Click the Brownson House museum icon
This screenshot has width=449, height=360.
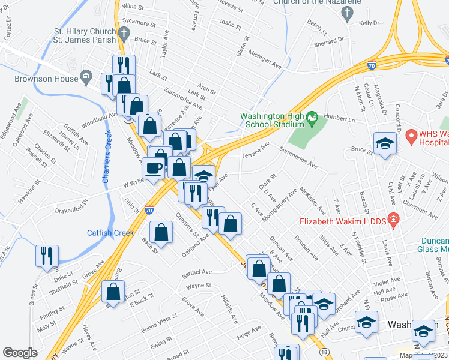(86, 76)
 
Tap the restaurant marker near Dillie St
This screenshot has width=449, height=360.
(47, 256)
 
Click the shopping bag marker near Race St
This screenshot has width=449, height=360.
(161, 232)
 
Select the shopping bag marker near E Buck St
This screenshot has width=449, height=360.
(113, 292)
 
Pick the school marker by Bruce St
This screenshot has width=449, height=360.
(385, 143)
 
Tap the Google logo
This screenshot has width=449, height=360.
(20, 353)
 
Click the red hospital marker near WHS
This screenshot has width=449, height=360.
(411, 137)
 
